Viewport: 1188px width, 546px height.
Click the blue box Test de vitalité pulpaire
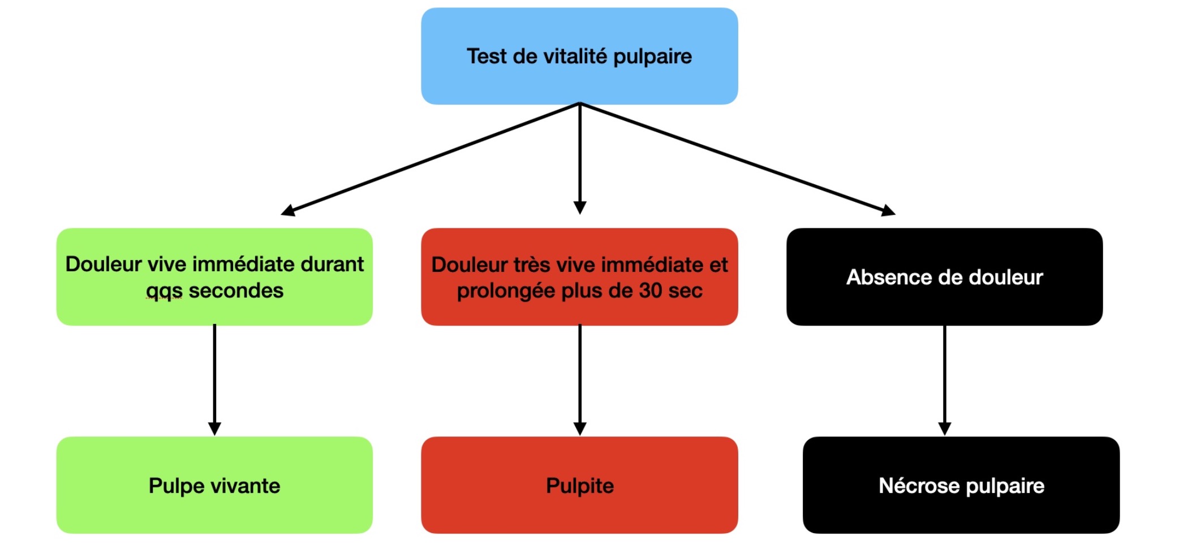(579, 56)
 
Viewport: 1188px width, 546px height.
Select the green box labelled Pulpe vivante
(214, 485)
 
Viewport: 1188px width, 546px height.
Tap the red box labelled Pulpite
(579, 485)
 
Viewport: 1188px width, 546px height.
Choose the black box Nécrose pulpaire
(961, 485)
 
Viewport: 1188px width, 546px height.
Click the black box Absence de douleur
(945, 277)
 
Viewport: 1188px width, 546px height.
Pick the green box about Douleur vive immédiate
(214, 277)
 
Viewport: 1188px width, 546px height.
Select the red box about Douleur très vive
(579, 277)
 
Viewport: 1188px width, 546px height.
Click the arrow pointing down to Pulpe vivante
(214, 380)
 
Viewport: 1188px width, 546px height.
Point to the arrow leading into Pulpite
(580, 380)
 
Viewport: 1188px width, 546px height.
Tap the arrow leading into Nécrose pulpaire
(945, 380)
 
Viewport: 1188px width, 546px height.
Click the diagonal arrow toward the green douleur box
(430, 159)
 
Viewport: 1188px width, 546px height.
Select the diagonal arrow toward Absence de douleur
(738, 159)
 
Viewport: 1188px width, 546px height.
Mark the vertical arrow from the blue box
(580, 159)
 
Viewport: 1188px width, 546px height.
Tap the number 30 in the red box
(651, 291)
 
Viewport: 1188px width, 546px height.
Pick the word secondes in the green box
(236, 291)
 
